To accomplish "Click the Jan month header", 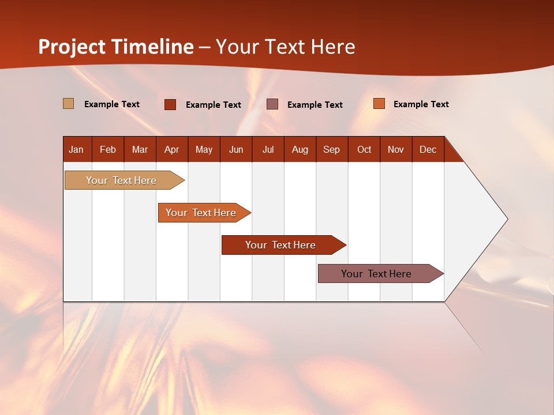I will point(76,149).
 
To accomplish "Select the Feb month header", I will point(108,149).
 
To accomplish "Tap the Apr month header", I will point(171,149).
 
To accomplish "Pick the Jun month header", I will point(236,149).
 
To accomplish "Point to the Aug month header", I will point(300,149).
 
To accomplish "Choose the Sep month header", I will point(331,149).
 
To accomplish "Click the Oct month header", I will point(364,149).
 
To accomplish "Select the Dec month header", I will point(428,149).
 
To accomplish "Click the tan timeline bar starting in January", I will point(121,180).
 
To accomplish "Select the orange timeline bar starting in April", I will point(201,213).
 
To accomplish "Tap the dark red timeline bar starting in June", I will point(280,245).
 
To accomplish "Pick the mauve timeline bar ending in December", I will point(376,274).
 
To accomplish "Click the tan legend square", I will point(69,104).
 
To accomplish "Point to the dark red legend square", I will point(170,104).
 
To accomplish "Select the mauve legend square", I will point(272,104).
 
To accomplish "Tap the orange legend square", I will point(379,104).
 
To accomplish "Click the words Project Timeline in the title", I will point(116,47).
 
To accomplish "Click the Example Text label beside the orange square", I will point(421,104).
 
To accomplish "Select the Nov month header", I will point(396,149).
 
